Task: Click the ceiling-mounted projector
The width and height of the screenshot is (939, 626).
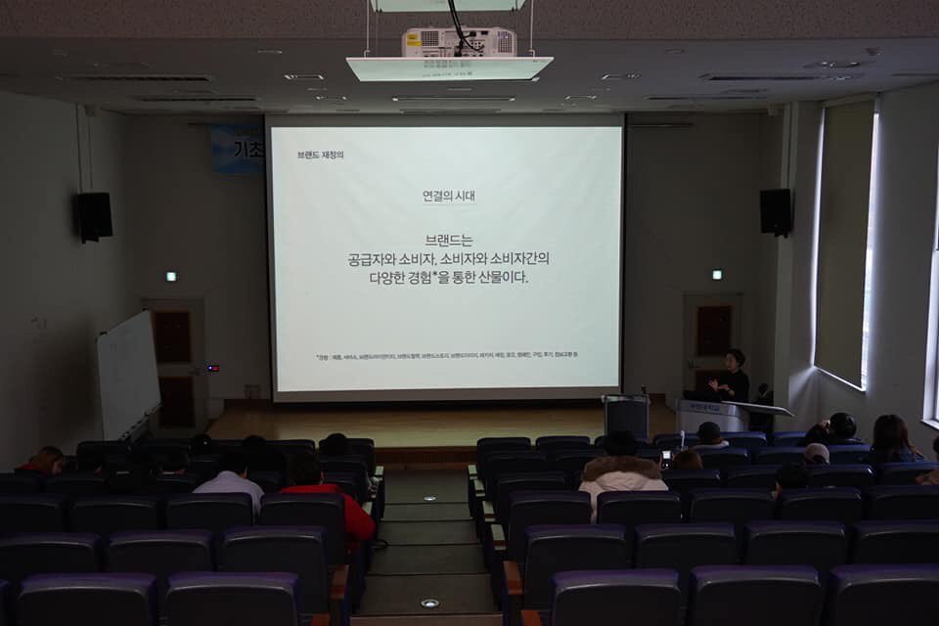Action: [x=458, y=41]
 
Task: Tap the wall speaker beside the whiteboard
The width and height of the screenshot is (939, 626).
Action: [x=95, y=216]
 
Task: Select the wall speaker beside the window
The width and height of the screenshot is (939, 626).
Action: [x=776, y=211]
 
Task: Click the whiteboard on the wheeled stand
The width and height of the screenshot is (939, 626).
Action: [x=128, y=374]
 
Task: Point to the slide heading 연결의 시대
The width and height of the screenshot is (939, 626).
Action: [x=448, y=196]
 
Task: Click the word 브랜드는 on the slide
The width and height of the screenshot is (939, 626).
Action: [x=448, y=240]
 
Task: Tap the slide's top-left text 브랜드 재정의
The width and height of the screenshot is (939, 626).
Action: [x=320, y=155]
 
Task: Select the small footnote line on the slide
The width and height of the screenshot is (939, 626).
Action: [x=446, y=354]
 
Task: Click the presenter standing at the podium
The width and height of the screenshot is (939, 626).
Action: [x=732, y=376]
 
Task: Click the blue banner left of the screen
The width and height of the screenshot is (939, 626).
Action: [x=238, y=150]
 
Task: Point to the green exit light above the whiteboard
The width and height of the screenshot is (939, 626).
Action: [x=171, y=277]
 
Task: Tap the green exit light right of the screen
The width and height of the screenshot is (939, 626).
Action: [x=717, y=275]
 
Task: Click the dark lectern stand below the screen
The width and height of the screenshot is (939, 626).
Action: [x=626, y=415]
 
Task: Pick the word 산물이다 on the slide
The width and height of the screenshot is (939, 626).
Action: [x=499, y=277]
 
